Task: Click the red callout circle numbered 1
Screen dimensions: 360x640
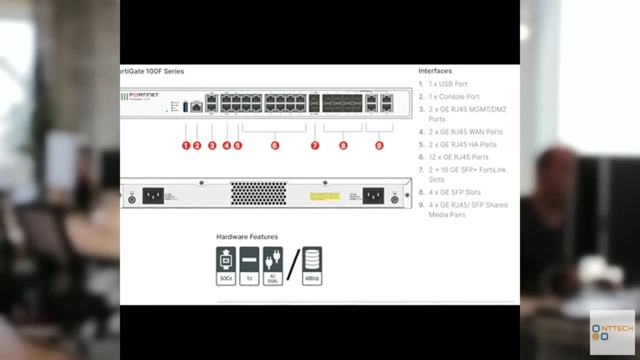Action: (186, 145)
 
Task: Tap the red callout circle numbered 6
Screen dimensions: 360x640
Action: (274, 145)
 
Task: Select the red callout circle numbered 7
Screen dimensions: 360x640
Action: (314, 145)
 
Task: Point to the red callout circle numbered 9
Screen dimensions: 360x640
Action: (379, 145)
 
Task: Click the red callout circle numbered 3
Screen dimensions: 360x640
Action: (212, 145)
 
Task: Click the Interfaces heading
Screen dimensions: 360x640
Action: (435, 71)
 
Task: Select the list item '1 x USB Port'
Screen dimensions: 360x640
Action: (447, 84)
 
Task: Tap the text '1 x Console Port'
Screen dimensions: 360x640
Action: (453, 96)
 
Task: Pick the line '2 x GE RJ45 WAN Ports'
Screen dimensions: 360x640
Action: (465, 132)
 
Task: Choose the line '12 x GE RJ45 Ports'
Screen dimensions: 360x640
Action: (458, 157)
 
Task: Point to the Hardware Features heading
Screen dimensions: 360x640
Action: (247, 236)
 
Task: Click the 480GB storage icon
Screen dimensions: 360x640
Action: (312, 266)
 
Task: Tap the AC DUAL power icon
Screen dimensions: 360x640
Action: (272, 266)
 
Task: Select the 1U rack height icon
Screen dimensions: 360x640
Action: (249, 266)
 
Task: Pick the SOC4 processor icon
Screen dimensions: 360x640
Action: (226, 266)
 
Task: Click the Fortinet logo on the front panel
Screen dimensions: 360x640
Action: (143, 95)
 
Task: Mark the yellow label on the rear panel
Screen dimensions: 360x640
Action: (325, 196)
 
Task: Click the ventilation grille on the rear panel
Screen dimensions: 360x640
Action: (258, 193)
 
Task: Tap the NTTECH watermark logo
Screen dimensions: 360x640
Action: (612, 332)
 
